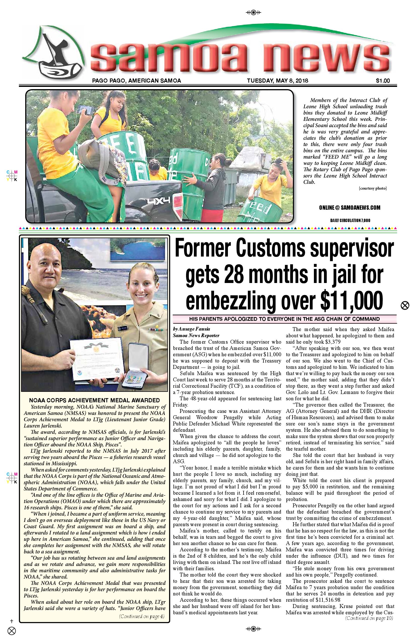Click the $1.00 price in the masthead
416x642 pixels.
point(382,81)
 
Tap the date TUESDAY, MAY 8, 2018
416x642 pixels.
point(277,81)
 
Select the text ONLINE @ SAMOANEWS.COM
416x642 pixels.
point(349,208)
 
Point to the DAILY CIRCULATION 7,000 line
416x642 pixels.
point(350,220)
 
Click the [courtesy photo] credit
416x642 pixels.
point(373,188)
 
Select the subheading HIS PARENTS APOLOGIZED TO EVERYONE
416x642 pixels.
point(284,319)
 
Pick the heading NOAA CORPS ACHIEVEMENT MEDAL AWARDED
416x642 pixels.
point(94,400)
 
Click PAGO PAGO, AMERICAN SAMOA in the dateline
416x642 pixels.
point(137,81)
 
